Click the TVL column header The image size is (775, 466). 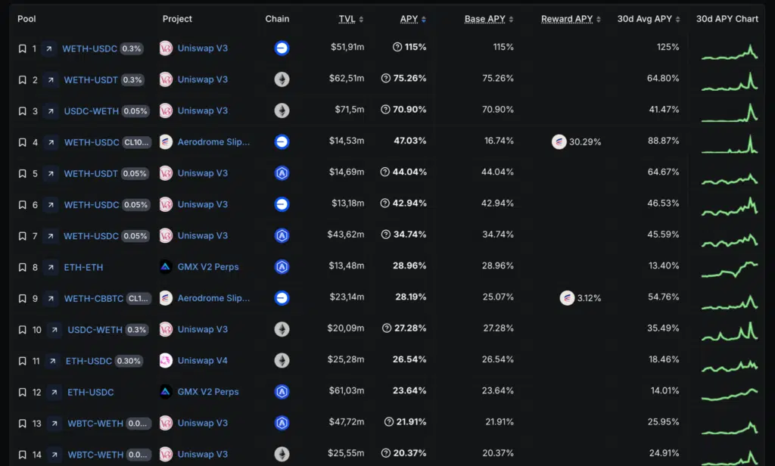347,19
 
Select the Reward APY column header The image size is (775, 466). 567,19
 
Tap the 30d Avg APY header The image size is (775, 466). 644,19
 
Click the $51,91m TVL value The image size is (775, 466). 347,48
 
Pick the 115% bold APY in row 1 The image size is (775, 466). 416,48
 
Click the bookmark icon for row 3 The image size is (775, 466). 23,111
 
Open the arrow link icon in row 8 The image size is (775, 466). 51,267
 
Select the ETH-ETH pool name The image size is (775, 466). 83,267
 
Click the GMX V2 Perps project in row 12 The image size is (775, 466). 207,392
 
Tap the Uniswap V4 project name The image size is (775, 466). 202,361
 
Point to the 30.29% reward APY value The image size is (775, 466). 585,142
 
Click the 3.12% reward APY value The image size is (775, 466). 589,298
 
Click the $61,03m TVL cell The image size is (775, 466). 347,392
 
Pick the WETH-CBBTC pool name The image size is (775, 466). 93,298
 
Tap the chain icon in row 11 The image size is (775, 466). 282,361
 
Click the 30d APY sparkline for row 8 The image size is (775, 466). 729,267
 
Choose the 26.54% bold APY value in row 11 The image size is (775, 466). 409,361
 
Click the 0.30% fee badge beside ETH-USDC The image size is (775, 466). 129,361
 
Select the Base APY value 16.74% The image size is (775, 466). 499,141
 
